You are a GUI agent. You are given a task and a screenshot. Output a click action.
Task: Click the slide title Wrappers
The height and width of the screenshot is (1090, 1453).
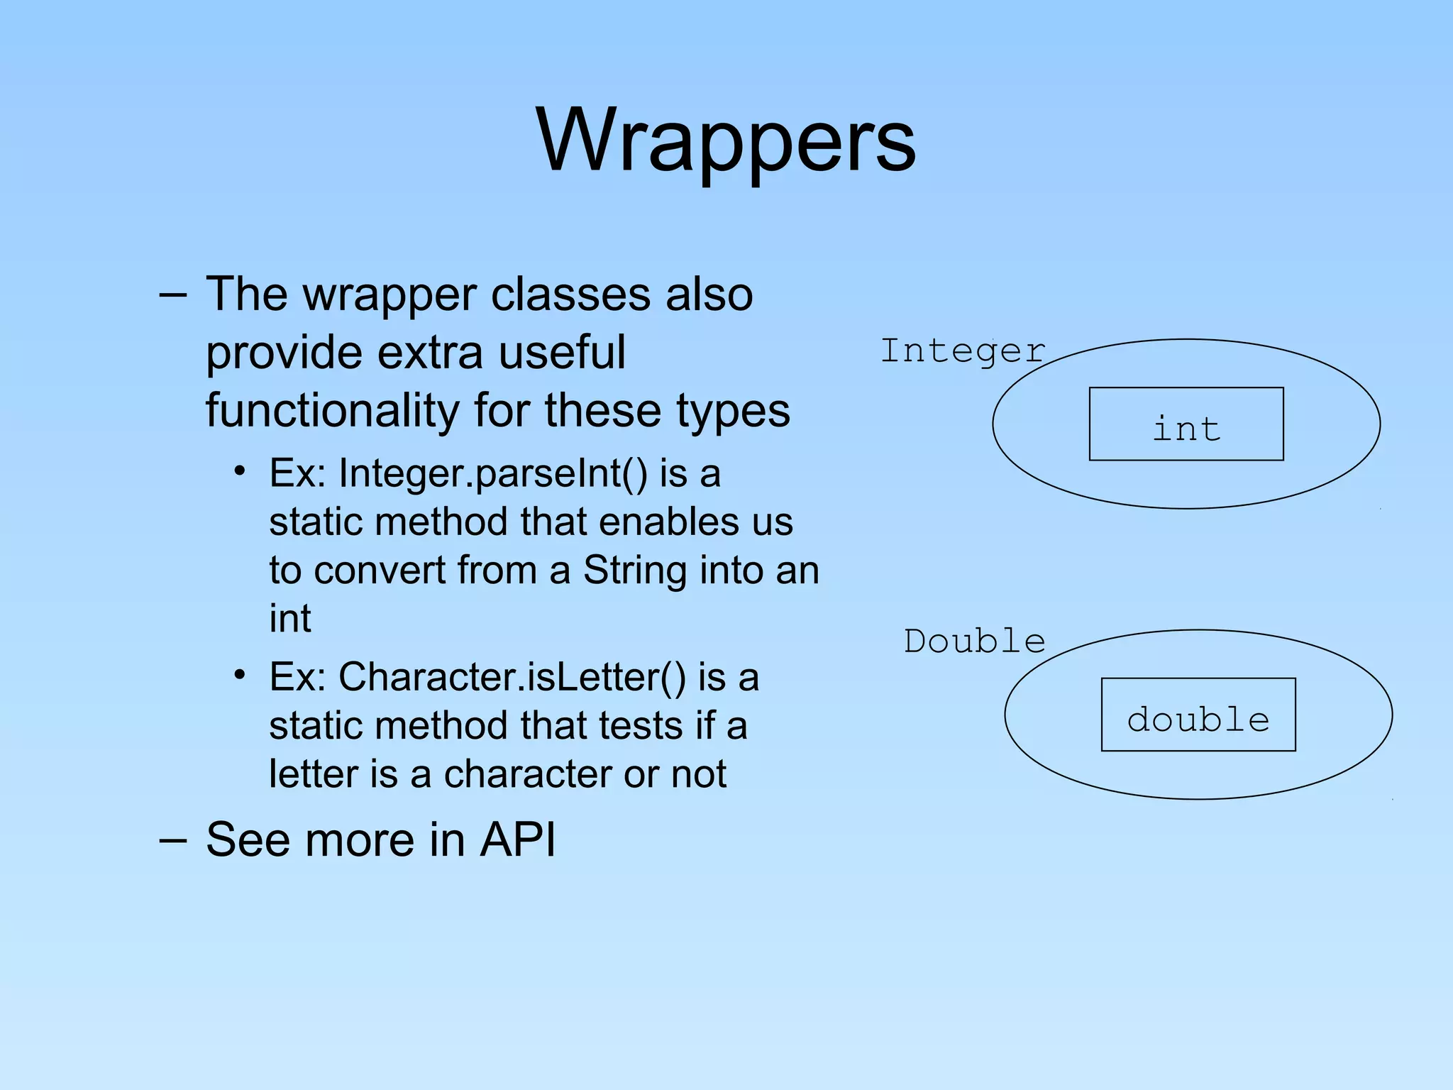point(726,139)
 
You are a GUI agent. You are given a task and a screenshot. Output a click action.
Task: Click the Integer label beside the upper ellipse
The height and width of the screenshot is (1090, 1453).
point(963,351)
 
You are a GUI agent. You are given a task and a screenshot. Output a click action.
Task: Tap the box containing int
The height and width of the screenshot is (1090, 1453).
point(1186,424)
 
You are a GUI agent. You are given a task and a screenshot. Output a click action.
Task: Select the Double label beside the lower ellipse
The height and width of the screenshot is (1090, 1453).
point(974,642)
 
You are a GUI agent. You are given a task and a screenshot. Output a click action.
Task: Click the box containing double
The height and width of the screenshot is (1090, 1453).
point(1198,715)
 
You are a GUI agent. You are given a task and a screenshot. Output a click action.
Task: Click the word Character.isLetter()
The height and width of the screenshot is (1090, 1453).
point(512,677)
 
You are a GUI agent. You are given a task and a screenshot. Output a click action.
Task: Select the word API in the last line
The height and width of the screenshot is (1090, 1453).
point(518,839)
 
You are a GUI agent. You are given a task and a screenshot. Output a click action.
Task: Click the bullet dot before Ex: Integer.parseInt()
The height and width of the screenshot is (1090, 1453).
point(240,470)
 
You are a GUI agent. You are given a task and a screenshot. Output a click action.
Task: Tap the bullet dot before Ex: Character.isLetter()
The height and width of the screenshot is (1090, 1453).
point(240,674)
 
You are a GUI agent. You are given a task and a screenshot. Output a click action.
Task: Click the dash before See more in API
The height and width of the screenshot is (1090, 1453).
point(173,840)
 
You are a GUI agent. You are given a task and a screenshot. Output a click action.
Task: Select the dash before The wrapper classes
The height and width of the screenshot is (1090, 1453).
point(173,294)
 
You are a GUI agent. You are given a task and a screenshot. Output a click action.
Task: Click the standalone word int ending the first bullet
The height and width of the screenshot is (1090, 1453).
point(289,619)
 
